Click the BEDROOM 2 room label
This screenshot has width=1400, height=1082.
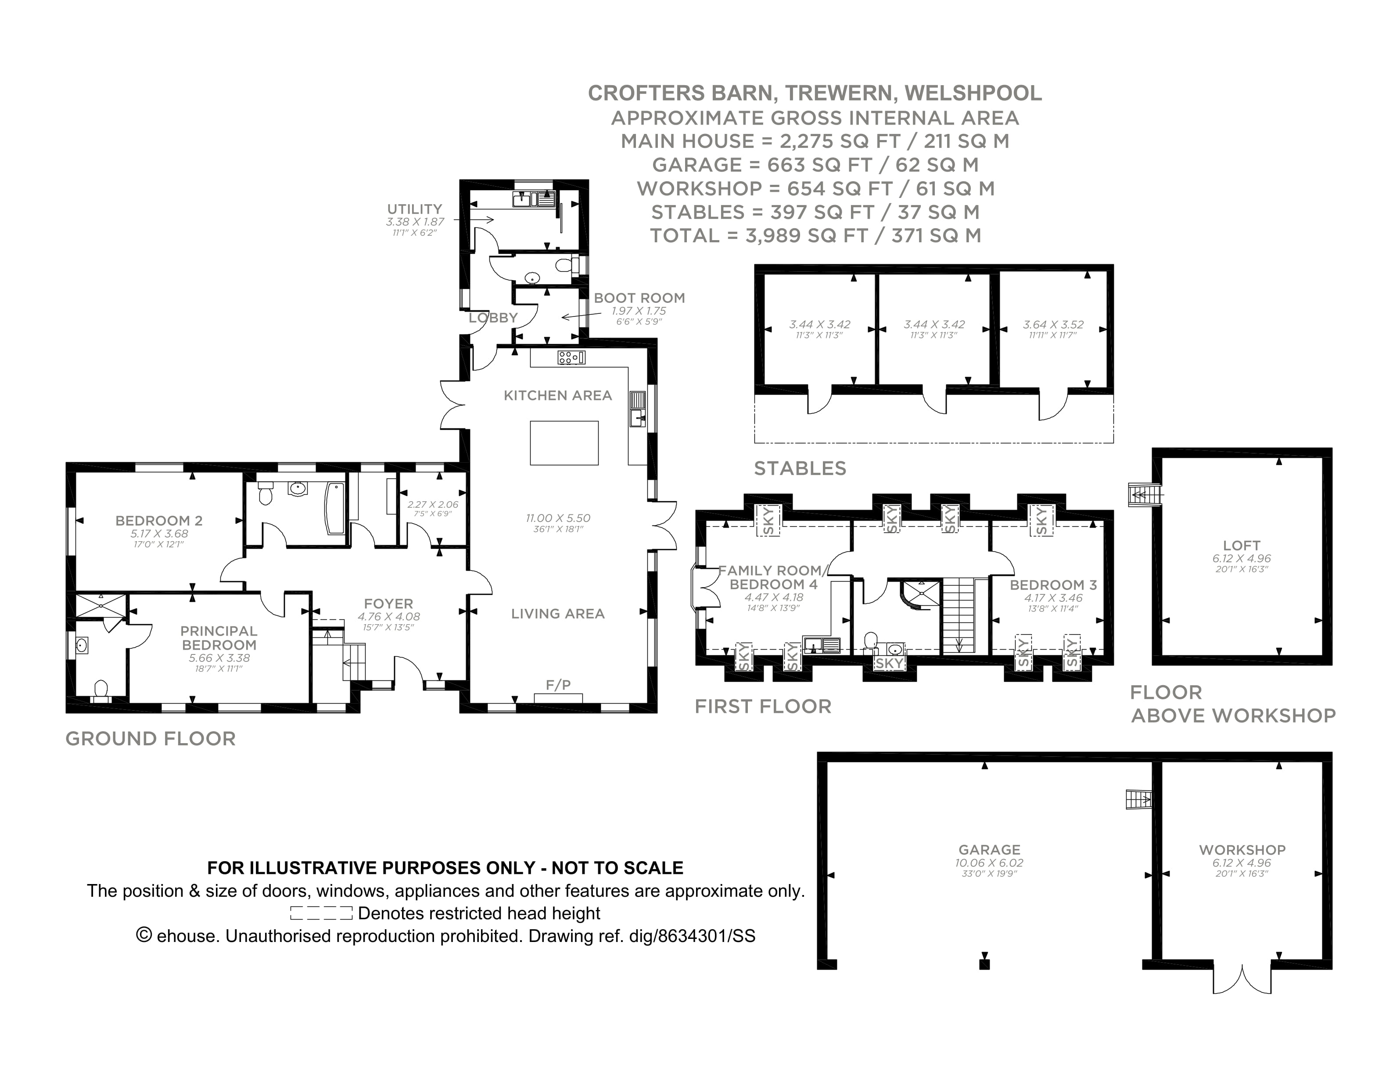158,521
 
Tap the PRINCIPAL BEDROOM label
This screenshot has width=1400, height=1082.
219,638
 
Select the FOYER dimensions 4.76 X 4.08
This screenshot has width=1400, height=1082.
388,617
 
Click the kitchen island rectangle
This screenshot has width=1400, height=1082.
564,442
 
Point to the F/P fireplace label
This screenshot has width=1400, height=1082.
558,685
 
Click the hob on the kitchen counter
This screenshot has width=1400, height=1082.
571,357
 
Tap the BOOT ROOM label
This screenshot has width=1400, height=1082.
639,298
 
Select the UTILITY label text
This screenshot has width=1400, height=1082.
414,209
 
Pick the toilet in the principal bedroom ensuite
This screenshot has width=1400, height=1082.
101,688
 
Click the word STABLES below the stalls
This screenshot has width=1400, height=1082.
799,468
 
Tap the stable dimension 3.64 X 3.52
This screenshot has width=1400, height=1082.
1053,325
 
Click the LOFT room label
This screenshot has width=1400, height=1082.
1241,546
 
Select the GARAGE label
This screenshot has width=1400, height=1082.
989,850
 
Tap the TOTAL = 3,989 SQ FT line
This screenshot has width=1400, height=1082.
815,236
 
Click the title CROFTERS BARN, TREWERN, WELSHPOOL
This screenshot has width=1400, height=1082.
814,93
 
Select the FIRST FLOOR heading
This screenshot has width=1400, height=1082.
763,706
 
